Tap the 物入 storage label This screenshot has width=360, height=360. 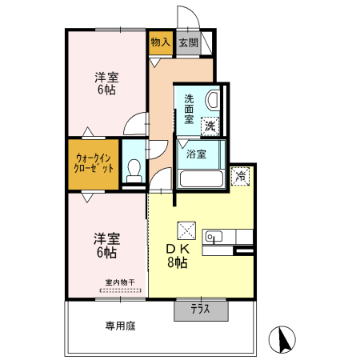(160, 42)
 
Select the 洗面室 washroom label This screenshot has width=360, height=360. (189, 107)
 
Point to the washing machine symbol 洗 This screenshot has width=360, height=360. (209, 125)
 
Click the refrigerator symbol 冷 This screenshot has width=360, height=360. (239, 177)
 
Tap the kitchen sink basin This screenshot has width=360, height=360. (214, 236)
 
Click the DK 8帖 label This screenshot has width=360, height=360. (177, 255)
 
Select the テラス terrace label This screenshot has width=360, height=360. (201, 310)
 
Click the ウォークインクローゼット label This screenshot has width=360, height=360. (94, 163)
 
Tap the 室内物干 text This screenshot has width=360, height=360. (120, 282)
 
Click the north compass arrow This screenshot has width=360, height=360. (282, 340)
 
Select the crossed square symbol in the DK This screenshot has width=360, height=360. (186, 230)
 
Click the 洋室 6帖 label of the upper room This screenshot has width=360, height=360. (106, 84)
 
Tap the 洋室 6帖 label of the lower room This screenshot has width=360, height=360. (106, 245)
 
